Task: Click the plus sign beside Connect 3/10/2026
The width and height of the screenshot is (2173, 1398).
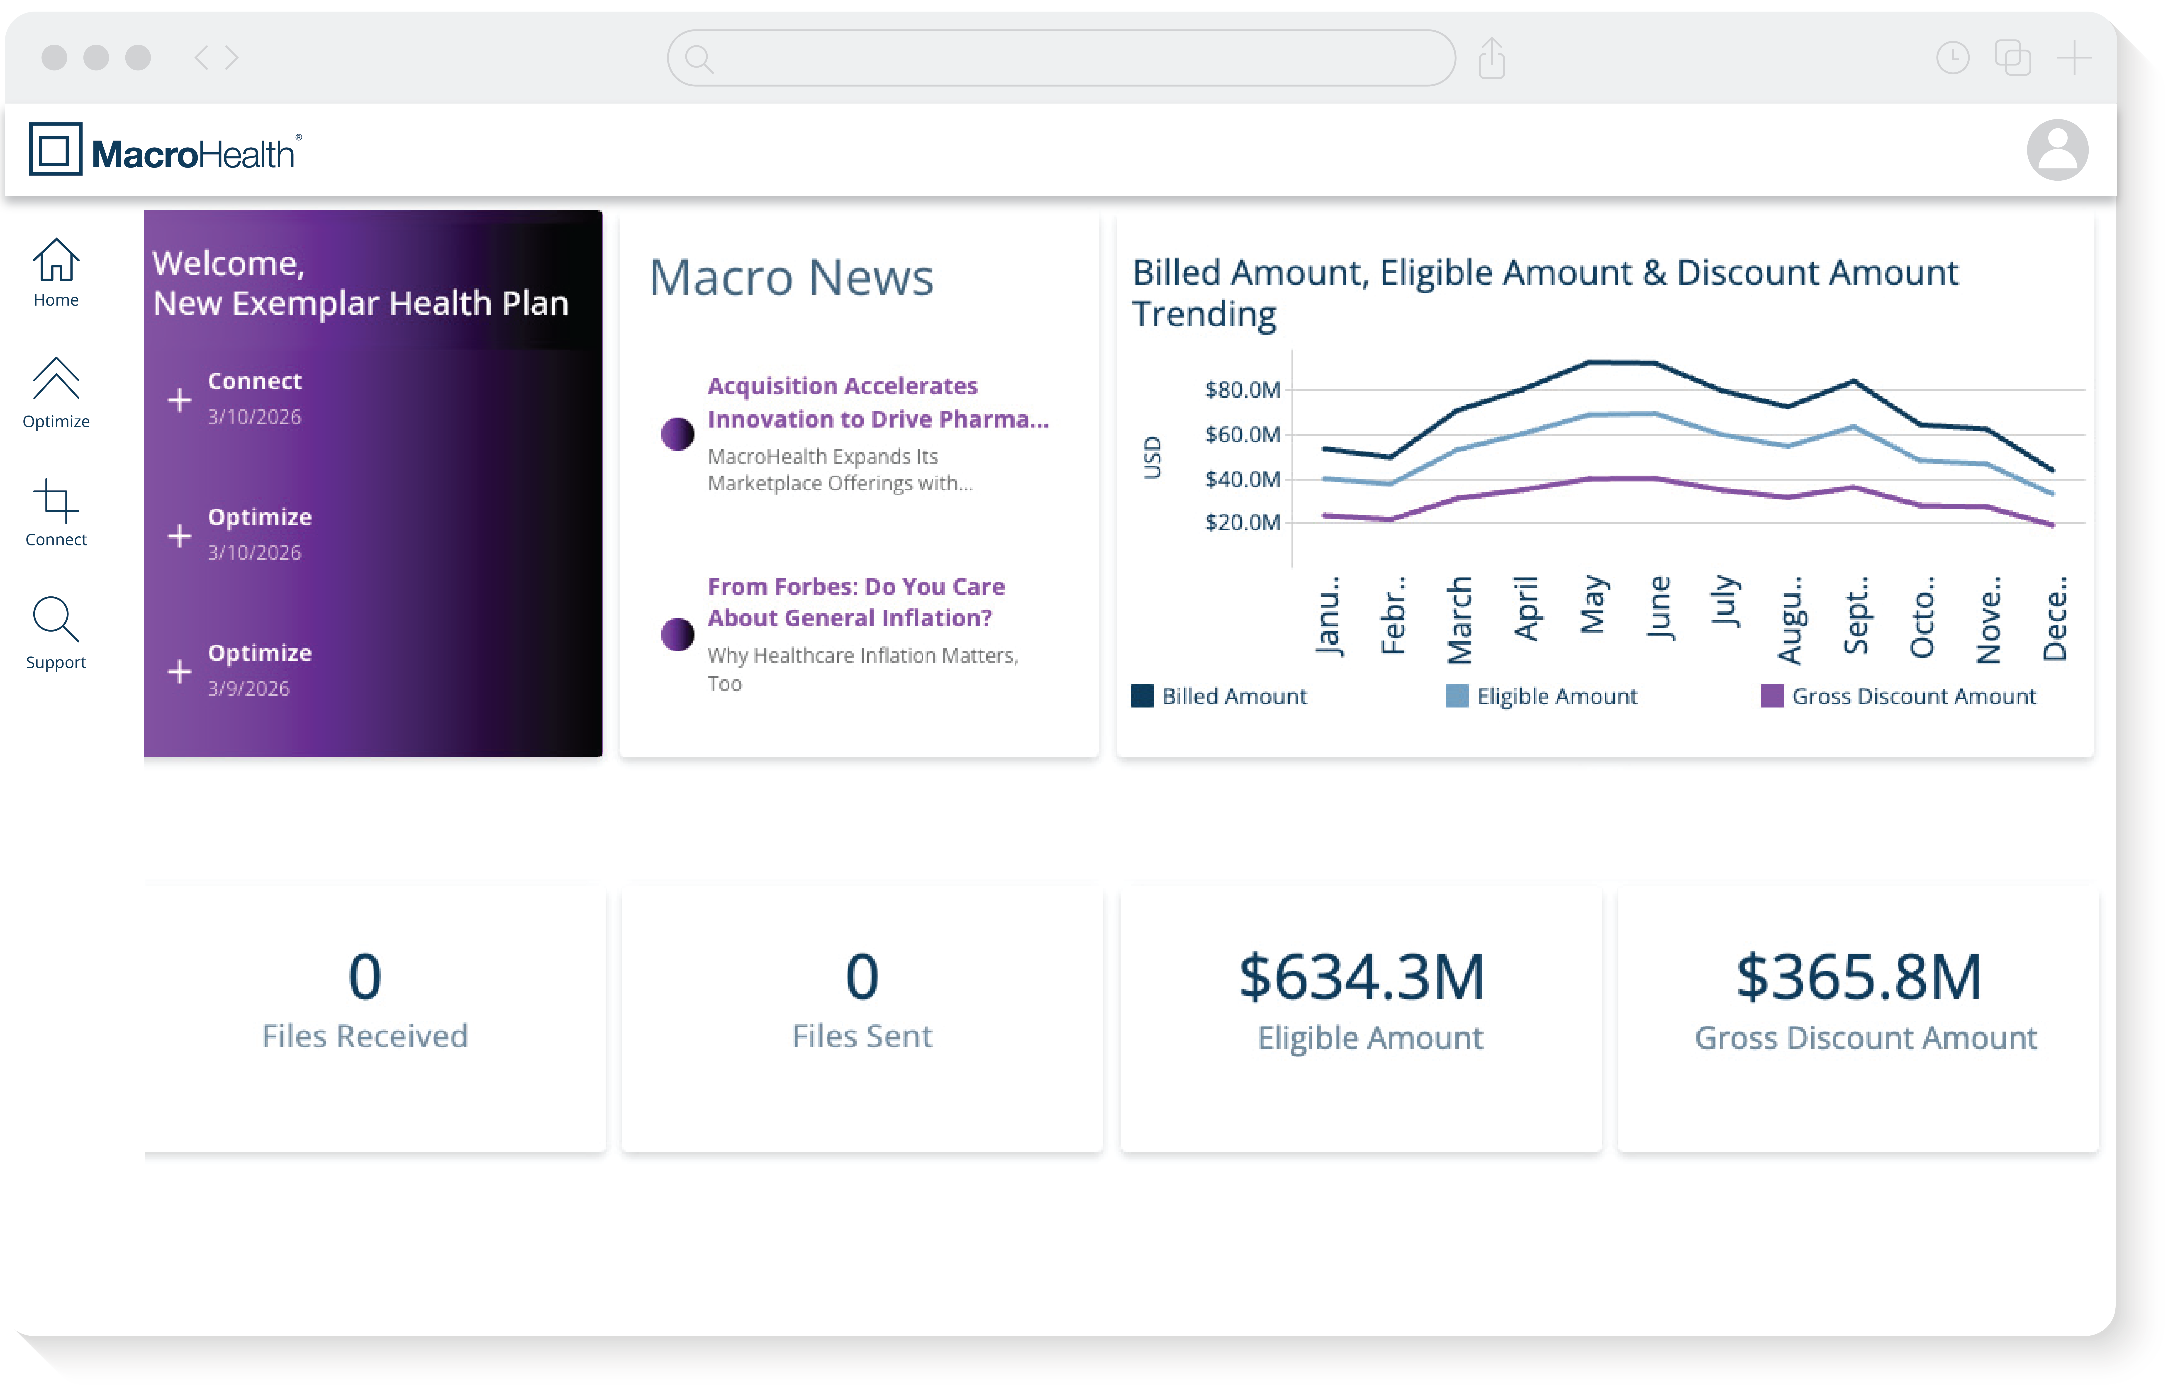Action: coord(180,399)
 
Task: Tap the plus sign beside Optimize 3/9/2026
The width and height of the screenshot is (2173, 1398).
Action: coord(180,672)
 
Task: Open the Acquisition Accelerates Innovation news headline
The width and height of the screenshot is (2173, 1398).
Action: coord(877,402)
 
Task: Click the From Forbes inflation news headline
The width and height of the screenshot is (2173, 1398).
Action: coord(855,602)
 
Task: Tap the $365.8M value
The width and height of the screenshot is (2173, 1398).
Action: coord(1858,978)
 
